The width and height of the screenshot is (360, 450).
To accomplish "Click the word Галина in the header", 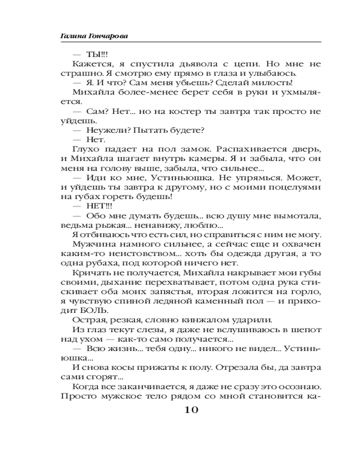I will (72, 36).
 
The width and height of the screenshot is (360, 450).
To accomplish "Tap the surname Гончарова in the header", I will (104, 36).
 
